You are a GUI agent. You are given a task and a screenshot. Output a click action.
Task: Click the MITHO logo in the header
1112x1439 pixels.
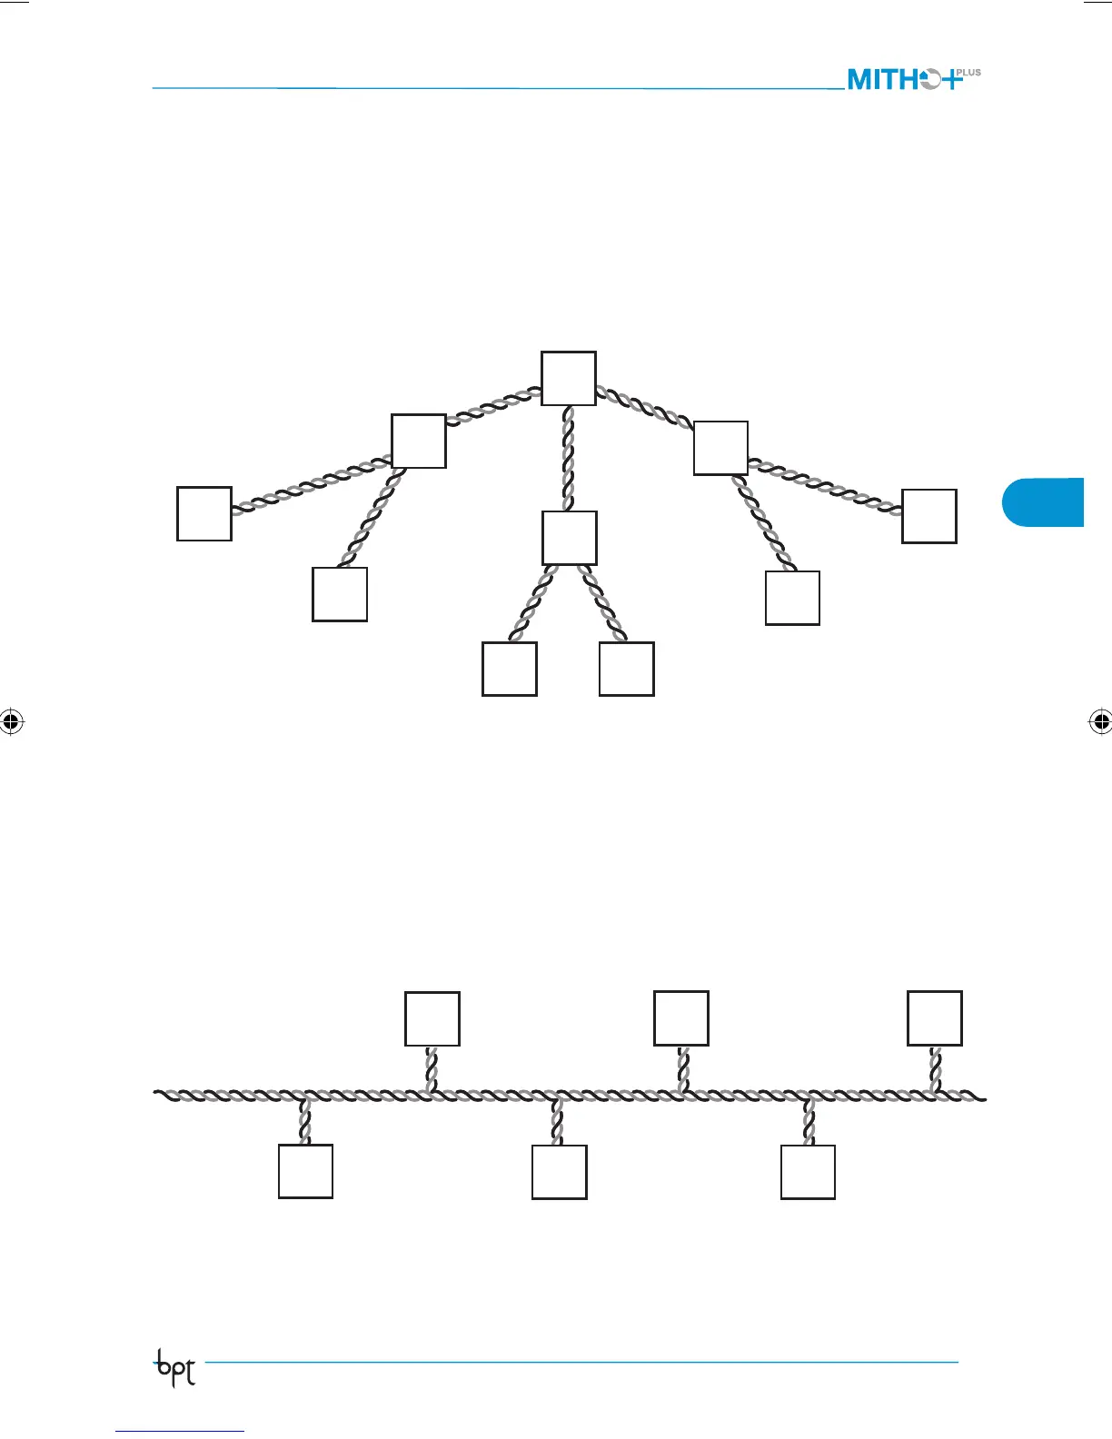(x=905, y=79)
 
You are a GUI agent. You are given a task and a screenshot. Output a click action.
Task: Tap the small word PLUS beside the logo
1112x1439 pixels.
(x=968, y=73)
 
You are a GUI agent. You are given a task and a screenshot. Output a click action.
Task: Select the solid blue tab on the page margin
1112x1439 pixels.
(x=1045, y=501)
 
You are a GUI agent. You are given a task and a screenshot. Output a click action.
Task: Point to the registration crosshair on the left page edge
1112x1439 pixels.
(x=11, y=722)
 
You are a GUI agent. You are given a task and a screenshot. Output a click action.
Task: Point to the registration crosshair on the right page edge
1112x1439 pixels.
(x=1099, y=722)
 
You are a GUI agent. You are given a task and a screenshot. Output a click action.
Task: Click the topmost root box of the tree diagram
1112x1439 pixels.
(x=569, y=378)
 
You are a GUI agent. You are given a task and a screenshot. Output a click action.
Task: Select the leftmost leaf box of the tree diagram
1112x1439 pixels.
(x=204, y=514)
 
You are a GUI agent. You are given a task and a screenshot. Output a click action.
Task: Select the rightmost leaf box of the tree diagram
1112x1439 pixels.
(x=928, y=516)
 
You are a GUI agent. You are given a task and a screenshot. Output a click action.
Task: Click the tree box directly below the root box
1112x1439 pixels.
(x=570, y=538)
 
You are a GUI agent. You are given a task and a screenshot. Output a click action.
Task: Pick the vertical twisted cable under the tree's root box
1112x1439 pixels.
(x=569, y=458)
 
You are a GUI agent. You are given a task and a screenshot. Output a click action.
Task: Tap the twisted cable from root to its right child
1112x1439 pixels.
(x=644, y=408)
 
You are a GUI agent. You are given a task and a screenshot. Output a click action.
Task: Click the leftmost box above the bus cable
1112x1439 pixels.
(x=432, y=1019)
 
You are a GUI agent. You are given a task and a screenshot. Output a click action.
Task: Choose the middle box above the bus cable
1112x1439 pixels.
(x=681, y=1018)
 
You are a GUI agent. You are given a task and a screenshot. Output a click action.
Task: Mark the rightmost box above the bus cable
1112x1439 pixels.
(x=935, y=1018)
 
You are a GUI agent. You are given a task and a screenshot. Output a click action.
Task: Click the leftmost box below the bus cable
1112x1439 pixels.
(x=305, y=1171)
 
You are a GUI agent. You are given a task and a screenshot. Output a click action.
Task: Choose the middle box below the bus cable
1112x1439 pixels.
(x=559, y=1172)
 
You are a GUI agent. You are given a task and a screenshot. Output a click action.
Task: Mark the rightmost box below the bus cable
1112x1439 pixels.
(x=808, y=1172)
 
